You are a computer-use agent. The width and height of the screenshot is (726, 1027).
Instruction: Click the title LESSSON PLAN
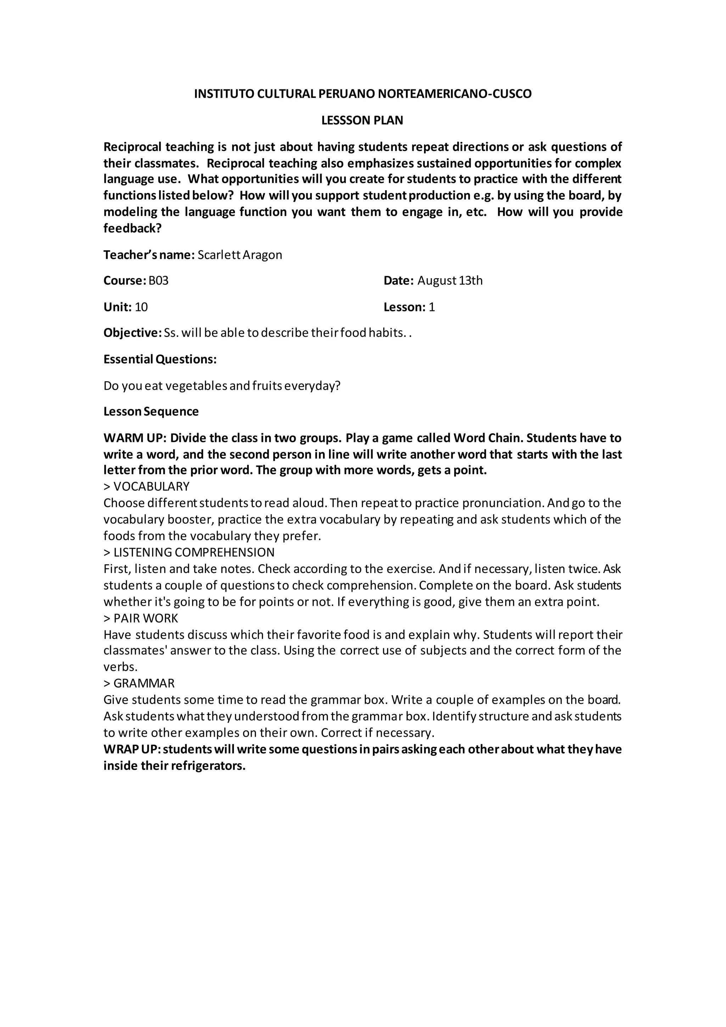[362, 120]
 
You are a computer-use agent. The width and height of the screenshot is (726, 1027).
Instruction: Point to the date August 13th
[450, 281]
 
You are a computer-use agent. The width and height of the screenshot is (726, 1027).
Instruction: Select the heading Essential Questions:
[160, 360]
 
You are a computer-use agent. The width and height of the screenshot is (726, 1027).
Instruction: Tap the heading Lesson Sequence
[151, 411]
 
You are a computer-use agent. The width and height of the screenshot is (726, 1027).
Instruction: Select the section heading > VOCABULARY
[147, 487]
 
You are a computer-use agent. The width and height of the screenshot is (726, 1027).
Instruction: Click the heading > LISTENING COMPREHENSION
[189, 553]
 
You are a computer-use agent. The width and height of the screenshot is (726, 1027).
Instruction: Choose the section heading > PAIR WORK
[141, 618]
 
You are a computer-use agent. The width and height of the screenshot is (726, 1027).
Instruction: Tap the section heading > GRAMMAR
[139, 683]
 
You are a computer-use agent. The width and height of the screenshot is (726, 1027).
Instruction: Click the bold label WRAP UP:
[132, 749]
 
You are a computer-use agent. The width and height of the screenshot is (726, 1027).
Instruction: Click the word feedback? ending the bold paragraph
[132, 229]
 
